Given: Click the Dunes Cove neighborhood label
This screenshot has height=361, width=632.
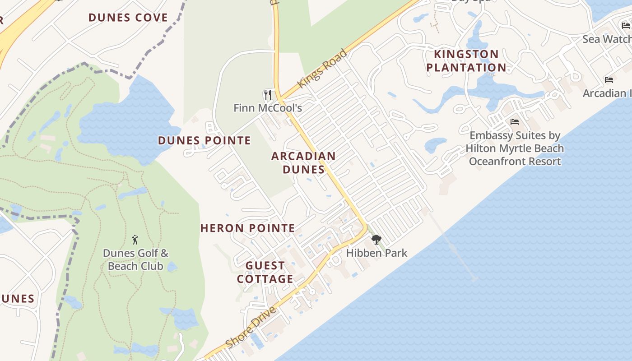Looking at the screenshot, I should pyautogui.click(x=128, y=18).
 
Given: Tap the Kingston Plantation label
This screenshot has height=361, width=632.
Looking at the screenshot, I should pyautogui.click(x=466, y=61).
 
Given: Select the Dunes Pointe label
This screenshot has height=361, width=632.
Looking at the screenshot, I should pyautogui.click(x=204, y=140).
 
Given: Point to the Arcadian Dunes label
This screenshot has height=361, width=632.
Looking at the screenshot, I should pyautogui.click(x=303, y=162).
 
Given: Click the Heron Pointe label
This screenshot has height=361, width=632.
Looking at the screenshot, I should pyautogui.click(x=247, y=228).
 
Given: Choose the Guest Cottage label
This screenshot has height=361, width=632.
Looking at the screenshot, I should pyautogui.click(x=265, y=272).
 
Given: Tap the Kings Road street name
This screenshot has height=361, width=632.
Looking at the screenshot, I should pyautogui.click(x=322, y=69).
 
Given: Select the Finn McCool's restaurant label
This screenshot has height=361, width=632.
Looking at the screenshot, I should pyautogui.click(x=268, y=108).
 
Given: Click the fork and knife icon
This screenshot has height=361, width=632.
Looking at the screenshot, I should pyautogui.click(x=268, y=95).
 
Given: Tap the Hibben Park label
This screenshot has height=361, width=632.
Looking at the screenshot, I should pyautogui.click(x=376, y=253).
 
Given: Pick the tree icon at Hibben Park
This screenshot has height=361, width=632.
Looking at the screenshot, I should pyautogui.click(x=376, y=240).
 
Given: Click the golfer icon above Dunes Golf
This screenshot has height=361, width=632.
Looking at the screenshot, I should pyautogui.click(x=135, y=240).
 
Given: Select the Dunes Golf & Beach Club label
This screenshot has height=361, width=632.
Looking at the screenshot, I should pyautogui.click(x=135, y=259).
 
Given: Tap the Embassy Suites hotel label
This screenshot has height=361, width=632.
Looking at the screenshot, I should pyautogui.click(x=515, y=148).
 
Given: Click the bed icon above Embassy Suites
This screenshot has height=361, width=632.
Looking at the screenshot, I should pyautogui.click(x=514, y=122).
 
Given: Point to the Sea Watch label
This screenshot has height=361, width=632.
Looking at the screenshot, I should pyautogui.click(x=606, y=39).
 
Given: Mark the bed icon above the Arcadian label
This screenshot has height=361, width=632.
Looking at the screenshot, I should pyautogui.click(x=609, y=80).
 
